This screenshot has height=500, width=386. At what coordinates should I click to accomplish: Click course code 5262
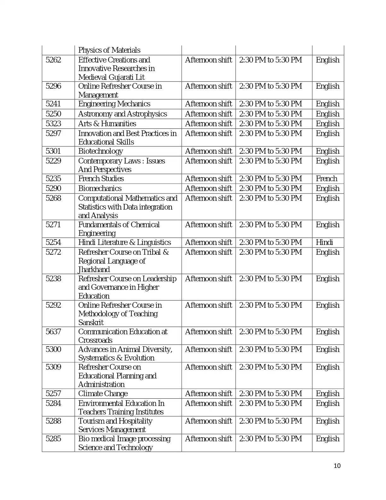click(x=53, y=60)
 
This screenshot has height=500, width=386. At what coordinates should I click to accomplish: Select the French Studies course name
click(x=101, y=179)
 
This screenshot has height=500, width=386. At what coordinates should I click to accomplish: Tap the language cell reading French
click(x=326, y=179)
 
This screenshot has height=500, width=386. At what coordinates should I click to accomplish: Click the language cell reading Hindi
click(x=324, y=242)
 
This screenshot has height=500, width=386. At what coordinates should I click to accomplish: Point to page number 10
click(x=337, y=466)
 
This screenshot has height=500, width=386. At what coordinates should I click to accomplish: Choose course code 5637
click(x=53, y=332)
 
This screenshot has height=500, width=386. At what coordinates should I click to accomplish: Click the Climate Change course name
click(x=103, y=394)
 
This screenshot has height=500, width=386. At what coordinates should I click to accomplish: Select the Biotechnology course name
click(x=100, y=151)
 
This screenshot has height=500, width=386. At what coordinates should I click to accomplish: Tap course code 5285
click(x=53, y=439)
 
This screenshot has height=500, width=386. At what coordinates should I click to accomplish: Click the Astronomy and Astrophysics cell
click(x=122, y=114)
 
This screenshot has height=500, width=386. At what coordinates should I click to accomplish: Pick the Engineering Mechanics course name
click(x=114, y=104)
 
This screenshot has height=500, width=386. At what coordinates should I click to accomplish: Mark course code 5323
click(x=53, y=124)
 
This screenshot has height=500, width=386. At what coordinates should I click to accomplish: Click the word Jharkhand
click(x=94, y=270)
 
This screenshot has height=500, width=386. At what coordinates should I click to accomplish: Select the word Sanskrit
click(x=91, y=323)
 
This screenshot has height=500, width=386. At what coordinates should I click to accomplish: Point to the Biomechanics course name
click(x=100, y=188)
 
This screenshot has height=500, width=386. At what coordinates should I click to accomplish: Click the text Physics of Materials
click(x=109, y=50)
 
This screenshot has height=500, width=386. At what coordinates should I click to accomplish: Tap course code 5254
click(x=53, y=242)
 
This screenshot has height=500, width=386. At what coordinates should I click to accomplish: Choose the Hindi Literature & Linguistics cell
click(x=125, y=242)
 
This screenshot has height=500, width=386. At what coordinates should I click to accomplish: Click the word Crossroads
click(x=95, y=340)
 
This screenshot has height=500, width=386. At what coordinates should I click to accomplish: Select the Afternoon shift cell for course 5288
click(x=208, y=421)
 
